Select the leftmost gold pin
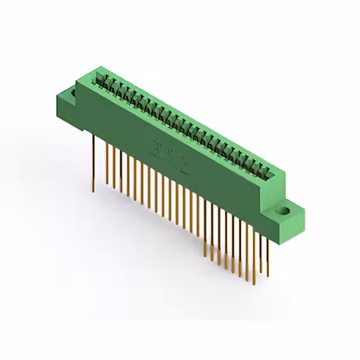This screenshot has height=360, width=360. [x=93, y=163]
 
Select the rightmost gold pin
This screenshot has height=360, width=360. [x=268, y=253]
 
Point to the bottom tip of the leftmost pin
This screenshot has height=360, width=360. [x=93, y=191]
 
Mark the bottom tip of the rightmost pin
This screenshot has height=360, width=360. [x=268, y=276]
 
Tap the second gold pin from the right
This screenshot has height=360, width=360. [x=260, y=250]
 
